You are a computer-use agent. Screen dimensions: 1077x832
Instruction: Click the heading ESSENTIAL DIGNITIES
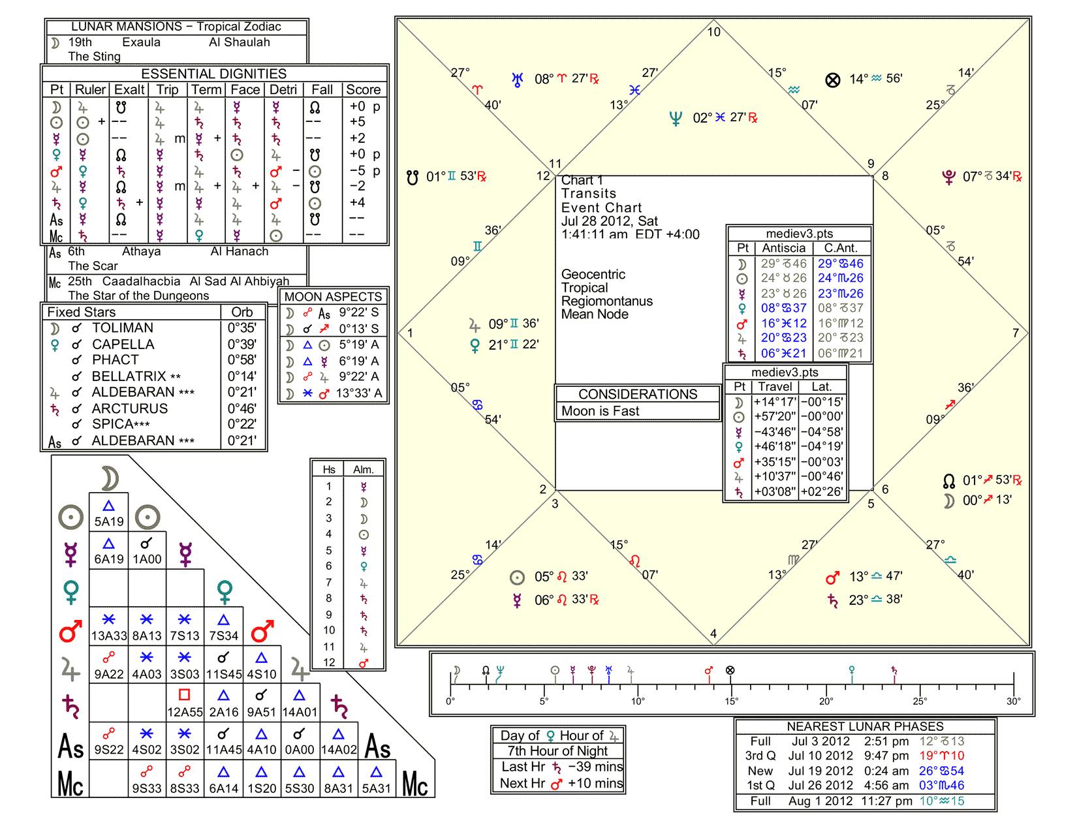point(213,74)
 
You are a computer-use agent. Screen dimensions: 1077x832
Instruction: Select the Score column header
point(364,89)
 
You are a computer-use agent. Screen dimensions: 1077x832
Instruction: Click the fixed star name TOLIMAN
point(123,328)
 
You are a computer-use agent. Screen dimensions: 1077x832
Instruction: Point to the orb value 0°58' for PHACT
point(242,360)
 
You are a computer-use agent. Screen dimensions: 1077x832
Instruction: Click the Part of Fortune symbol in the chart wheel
point(833,80)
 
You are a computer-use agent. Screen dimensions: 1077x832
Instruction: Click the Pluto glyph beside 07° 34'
point(948,176)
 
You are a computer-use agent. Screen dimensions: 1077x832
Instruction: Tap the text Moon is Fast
point(600,411)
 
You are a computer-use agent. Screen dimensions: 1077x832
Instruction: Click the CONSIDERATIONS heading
point(638,394)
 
